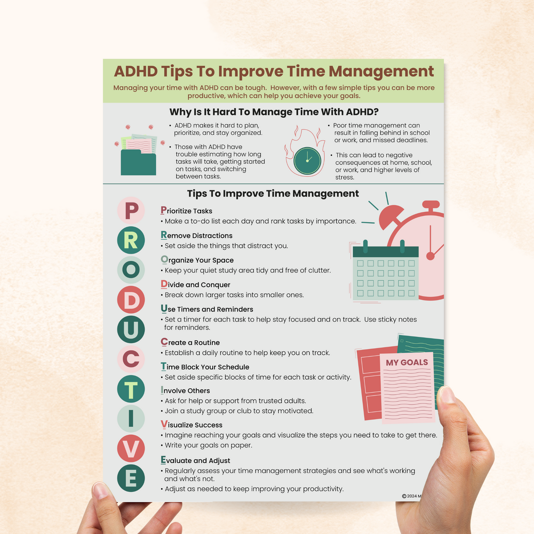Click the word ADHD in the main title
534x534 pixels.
pos(136,71)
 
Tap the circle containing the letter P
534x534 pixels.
pos(131,210)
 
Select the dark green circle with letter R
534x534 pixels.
pos(131,240)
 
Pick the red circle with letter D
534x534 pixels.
pos(131,300)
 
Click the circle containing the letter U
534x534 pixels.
pos(131,329)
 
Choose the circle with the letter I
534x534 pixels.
pos(131,418)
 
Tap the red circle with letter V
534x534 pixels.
pos(131,449)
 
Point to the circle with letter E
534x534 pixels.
pos(131,478)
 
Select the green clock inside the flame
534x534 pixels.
pos(307,161)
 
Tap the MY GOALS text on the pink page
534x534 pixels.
pos(407,363)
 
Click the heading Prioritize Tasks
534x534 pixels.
pos(186,210)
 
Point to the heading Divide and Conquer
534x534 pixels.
pos(195,284)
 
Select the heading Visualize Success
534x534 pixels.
pos(191,425)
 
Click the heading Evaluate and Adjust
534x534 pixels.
pos(195,460)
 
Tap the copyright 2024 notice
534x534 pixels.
pos(412,496)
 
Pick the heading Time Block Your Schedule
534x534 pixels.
pos(205,367)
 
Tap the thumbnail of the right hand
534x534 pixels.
pos(446,394)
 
